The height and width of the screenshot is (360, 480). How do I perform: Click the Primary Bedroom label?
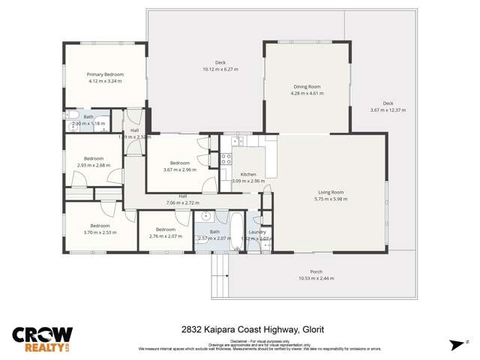pos(105,74)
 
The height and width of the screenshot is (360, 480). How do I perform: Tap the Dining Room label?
pos(307,87)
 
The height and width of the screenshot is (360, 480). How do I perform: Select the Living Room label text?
pos(331,192)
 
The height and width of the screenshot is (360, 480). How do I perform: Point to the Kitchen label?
pos(248,174)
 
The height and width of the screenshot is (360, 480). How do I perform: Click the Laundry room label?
pos(256,232)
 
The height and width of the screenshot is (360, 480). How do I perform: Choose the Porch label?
pos(316,271)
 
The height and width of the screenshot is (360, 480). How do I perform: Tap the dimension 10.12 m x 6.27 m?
pos(220,69)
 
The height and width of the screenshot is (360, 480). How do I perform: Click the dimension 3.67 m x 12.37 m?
pos(388,110)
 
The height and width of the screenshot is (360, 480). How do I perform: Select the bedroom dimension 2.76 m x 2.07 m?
pos(165,237)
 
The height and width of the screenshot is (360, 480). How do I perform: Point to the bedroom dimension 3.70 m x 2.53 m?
pos(100,232)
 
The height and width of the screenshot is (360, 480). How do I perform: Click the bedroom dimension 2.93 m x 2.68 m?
pos(93,165)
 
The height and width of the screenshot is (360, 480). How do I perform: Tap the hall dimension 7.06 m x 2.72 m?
pos(182,202)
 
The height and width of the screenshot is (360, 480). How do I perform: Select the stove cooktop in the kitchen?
pos(225,159)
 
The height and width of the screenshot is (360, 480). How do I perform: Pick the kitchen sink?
pos(242,139)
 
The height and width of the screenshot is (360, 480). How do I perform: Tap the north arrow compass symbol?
pos(456,344)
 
